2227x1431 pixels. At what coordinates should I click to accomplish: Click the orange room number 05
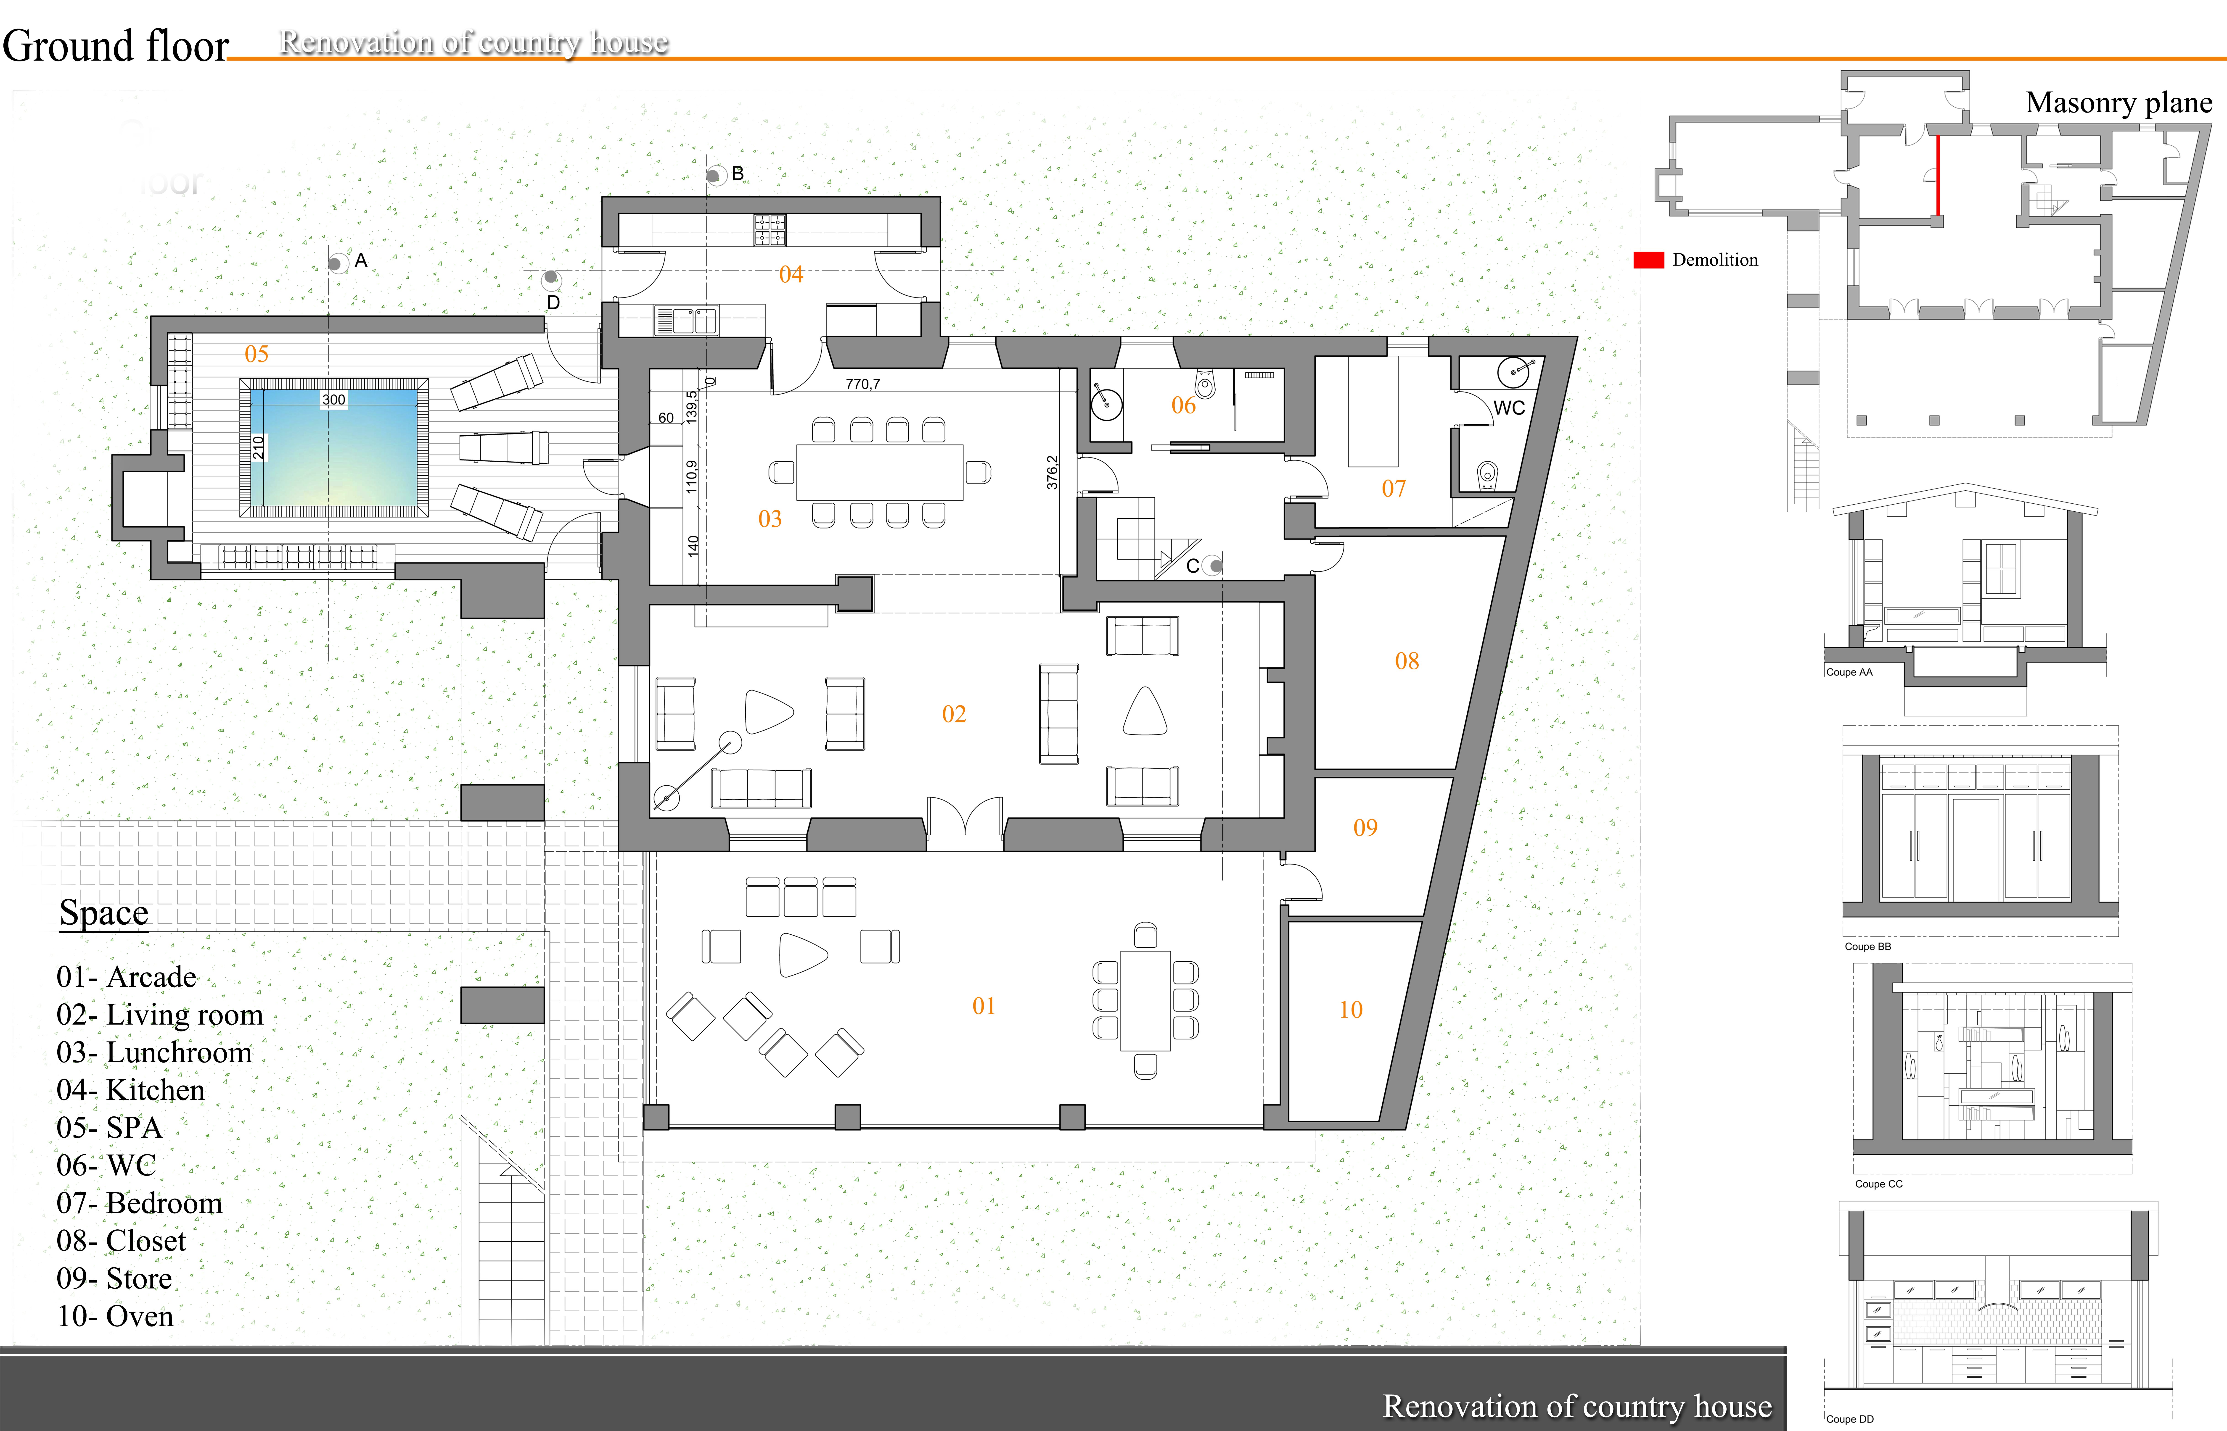(257, 354)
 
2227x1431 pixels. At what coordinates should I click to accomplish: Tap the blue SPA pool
(334, 448)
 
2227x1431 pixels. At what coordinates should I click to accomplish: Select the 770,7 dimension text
(862, 384)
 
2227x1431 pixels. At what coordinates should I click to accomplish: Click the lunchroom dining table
(879, 472)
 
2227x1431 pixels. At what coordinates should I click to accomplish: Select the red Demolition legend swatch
(1649, 260)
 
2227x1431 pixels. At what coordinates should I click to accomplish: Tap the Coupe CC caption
(1878, 1184)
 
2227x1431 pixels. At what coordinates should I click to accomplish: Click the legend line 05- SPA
(110, 1127)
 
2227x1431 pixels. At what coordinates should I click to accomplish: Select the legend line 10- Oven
(115, 1316)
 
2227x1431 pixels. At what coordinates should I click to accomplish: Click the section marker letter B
(738, 174)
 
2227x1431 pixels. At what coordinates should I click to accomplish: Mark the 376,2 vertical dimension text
(1052, 472)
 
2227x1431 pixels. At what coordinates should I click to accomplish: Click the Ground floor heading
(115, 45)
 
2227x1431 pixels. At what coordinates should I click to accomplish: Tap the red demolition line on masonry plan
(1938, 176)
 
